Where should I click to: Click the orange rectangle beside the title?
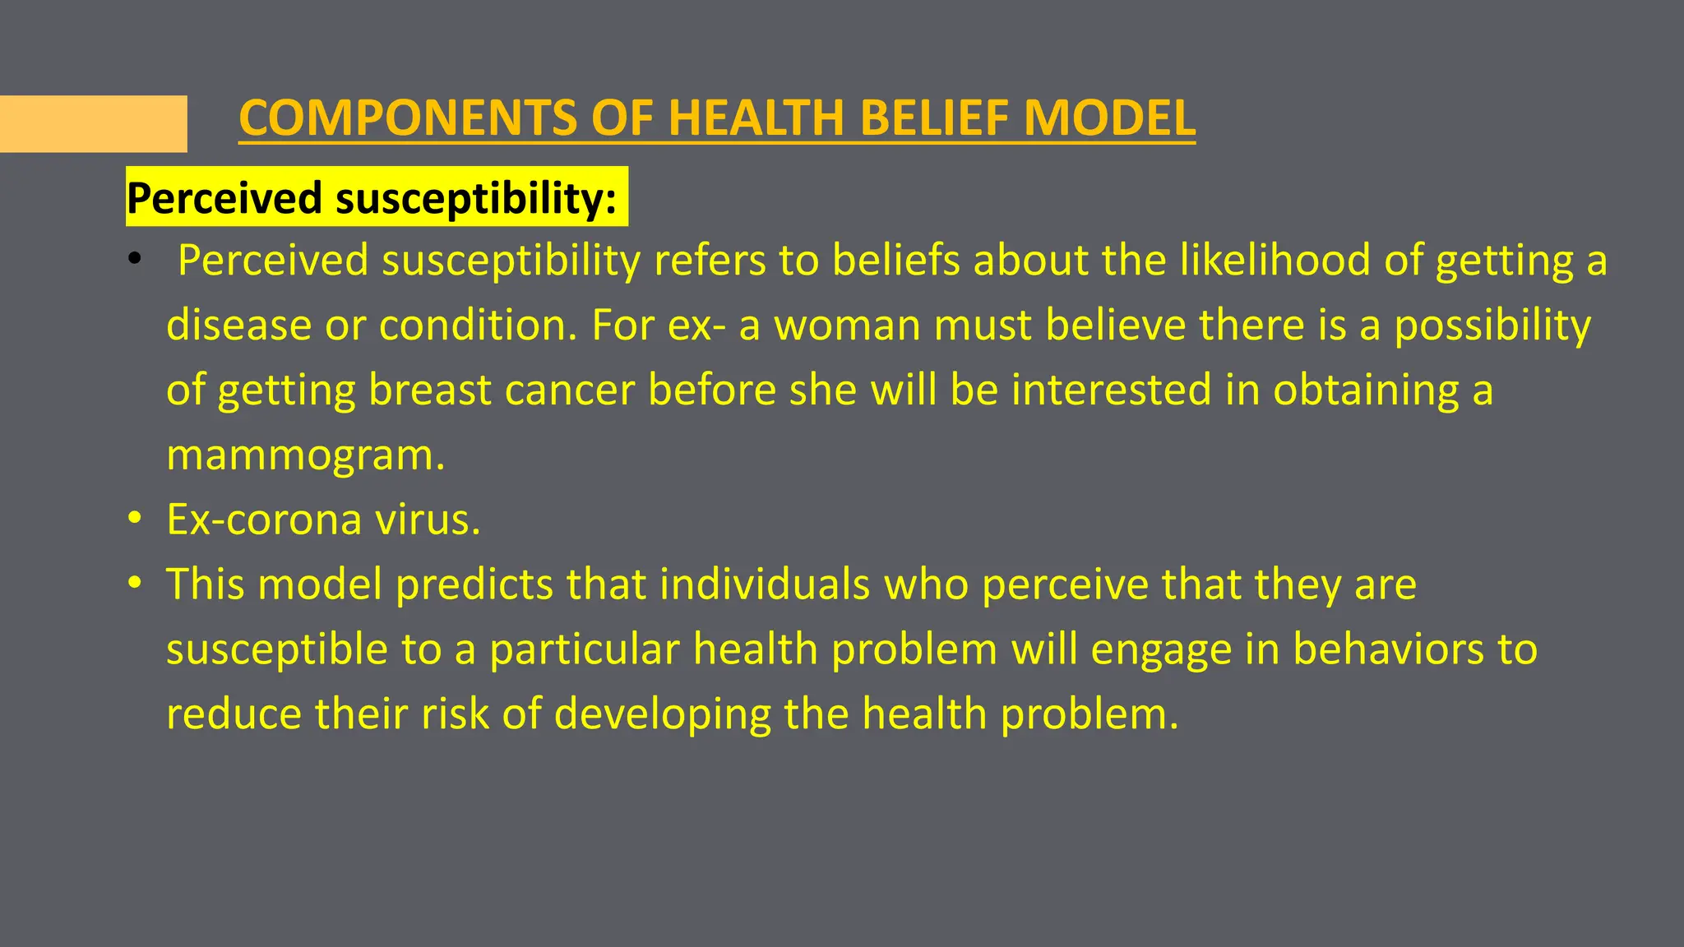click(93, 124)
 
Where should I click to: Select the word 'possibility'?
click(1492, 326)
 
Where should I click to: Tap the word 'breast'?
click(429, 390)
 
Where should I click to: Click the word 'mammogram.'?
click(305, 455)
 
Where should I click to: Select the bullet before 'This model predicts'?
click(135, 584)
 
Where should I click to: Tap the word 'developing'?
click(662, 714)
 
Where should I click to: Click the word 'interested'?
click(1111, 390)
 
